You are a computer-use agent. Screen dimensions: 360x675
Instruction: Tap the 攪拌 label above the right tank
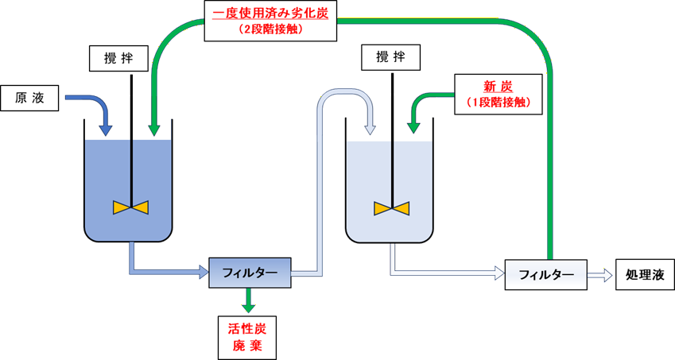[x=390, y=57]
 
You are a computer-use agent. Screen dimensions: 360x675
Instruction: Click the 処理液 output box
[x=645, y=275]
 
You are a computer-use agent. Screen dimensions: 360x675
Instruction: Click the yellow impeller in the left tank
[x=130, y=207]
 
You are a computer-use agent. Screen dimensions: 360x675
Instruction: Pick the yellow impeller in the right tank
[x=391, y=208]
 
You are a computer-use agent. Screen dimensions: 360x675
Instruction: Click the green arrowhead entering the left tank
[x=154, y=127]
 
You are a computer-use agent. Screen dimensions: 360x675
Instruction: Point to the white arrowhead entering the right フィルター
[x=498, y=274]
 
